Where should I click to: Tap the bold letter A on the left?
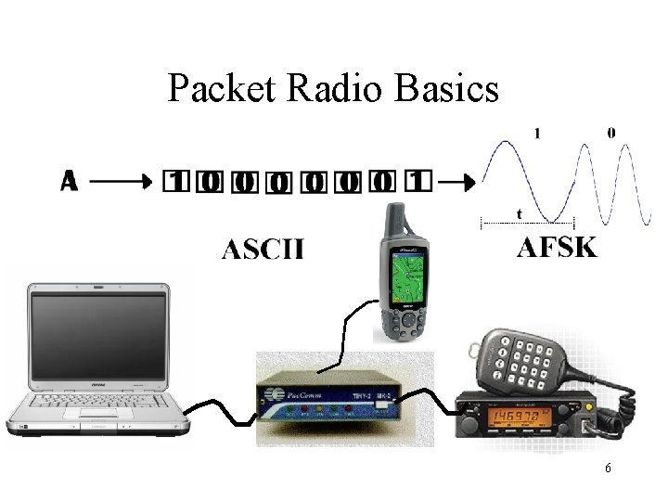[x=69, y=181]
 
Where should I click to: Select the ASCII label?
[x=263, y=250]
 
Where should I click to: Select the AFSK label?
[x=557, y=247]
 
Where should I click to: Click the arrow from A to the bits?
[x=122, y=182]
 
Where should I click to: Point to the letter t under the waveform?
[x=519, y=214]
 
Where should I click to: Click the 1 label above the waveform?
[x=535, y=133]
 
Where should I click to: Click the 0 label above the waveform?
[x=610, y=133]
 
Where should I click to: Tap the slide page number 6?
[x=607, y=469]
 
